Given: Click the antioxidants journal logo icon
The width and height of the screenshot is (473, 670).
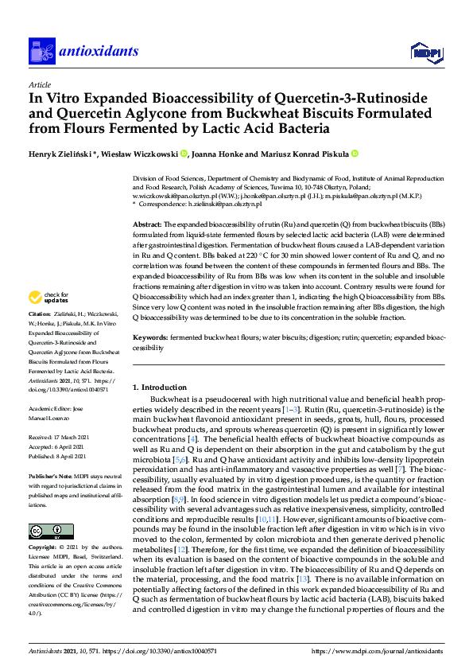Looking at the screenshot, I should [41, 51].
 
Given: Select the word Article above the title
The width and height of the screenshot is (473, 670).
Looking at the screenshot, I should [39, 84].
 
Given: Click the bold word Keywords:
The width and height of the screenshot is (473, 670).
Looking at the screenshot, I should [150, 338].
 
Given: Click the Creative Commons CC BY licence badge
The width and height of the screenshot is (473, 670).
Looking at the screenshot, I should [41, 531].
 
